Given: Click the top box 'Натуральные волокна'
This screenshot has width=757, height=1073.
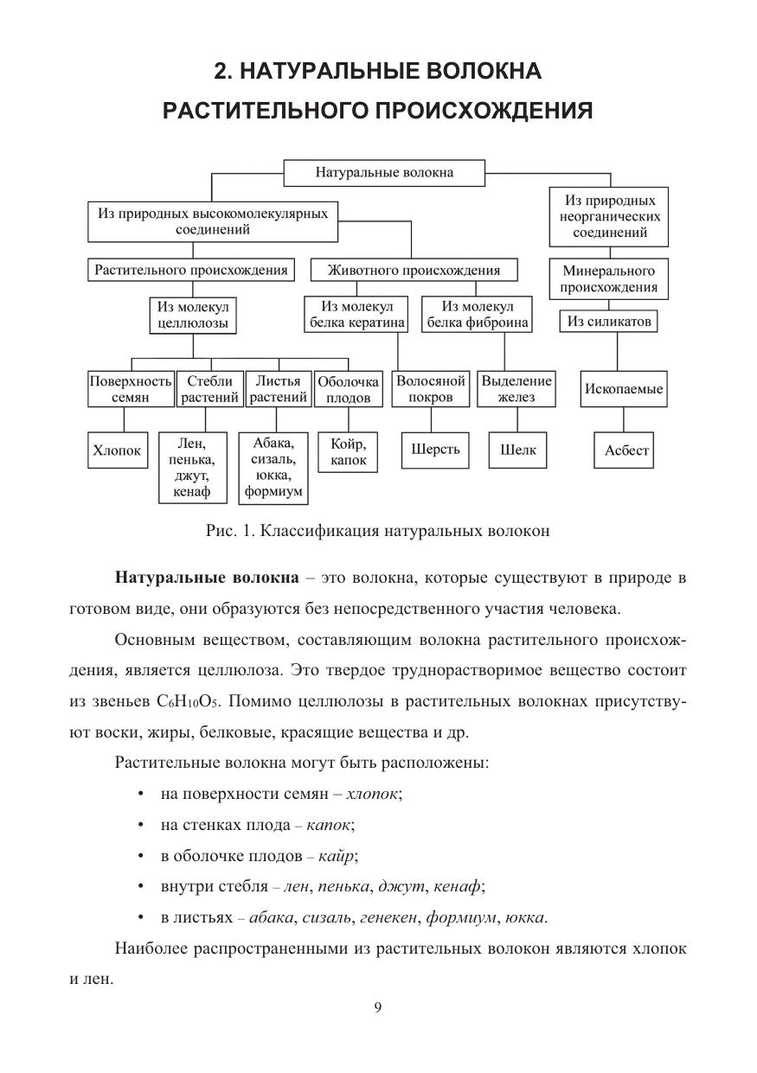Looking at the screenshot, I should click(x=384, y=172).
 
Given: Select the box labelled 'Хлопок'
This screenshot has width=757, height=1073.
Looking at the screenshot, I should click(x=116, y=450).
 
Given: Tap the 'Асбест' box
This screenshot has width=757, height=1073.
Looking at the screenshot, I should click(x=627, y=450).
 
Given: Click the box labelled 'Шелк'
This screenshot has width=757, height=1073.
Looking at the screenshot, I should click(x=517, y=450).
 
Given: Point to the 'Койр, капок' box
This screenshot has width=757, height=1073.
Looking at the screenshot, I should click(x=348, y=451).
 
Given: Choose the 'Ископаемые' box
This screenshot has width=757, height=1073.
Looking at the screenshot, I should click(x=623, y=389).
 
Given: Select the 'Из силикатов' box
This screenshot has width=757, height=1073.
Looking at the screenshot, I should click(x=609, y=322).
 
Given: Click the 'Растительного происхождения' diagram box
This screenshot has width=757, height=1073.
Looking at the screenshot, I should click(x=191, y=270).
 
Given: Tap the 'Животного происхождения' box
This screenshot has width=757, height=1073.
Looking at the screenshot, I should click(x=414, y=270).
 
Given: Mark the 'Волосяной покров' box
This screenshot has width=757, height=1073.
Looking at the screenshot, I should click(x=430, y=389).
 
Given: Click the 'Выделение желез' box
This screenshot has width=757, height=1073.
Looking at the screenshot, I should click(x=516, y=389).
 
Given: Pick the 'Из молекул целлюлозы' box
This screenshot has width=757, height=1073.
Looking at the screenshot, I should click(x=192, y=316).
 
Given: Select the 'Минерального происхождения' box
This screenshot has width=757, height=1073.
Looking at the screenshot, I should click(x=609, y=278).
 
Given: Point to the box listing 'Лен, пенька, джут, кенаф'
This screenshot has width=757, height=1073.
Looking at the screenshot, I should click(x=192, y=468).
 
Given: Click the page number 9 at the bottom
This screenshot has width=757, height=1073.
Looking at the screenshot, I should click(x=378, y=1006).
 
